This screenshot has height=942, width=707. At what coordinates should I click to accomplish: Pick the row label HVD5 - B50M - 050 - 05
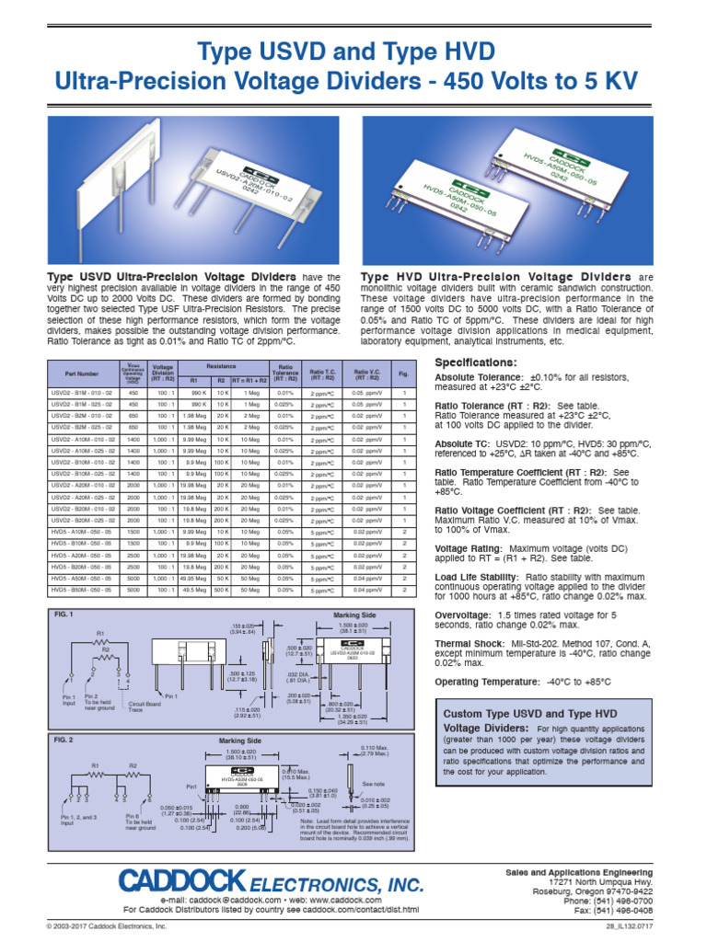click(82, 590)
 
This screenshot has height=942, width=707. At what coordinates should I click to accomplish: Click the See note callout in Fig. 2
click(375, 783)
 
